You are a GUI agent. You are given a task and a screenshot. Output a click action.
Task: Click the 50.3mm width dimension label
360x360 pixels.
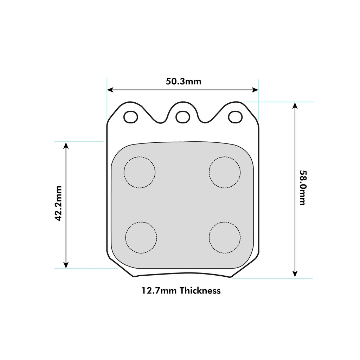click(184, 81)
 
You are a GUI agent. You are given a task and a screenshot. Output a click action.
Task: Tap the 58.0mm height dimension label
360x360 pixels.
click(303, 188)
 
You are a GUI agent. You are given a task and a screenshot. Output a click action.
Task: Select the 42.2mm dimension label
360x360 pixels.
click(58, 204)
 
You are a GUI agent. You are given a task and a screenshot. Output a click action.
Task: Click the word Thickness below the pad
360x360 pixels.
click(200, 290)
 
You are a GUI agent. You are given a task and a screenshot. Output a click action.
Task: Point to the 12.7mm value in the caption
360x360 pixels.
click(159, 291)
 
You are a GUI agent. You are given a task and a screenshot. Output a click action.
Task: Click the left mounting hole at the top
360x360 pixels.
click(131, 117)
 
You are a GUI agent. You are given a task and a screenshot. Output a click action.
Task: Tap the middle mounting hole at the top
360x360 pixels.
click(183, 117)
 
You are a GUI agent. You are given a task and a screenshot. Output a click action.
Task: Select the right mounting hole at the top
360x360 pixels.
click(235, 117)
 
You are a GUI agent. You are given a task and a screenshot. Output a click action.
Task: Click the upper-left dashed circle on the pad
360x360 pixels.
click(140, 156)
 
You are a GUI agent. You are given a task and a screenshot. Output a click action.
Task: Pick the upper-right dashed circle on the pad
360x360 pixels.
click(225, 156)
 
